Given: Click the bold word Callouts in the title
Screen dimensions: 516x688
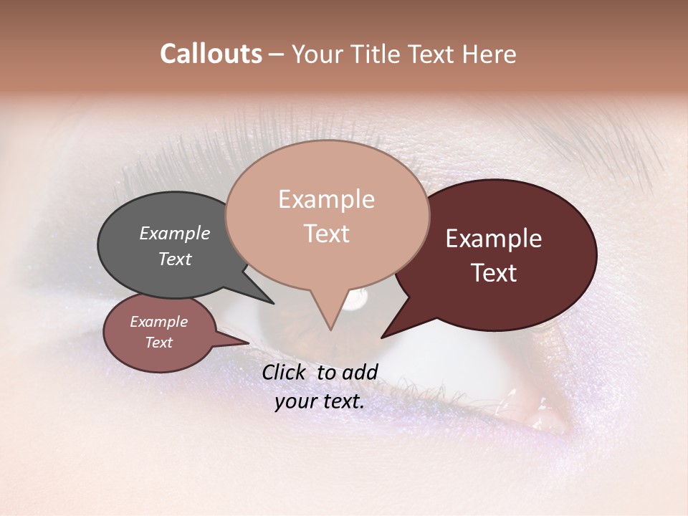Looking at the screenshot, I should click(x=211, y=54).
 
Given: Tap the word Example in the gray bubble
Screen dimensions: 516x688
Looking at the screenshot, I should click(x=174, y=233).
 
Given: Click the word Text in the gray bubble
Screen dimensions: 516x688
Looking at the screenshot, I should click(x=174, y=259).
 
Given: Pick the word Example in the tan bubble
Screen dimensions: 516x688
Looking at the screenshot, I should click(x=326, y=199).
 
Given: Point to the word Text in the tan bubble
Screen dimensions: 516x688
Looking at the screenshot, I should click(x=326, y=234).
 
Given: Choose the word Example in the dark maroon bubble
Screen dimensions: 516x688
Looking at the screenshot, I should click(x=494, y=239).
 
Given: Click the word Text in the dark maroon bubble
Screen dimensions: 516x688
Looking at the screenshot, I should click(x=494, y=273).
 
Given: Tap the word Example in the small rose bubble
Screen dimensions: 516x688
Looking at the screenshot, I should click(x=158, y=322).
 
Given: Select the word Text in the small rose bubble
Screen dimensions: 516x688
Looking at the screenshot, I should click(x=158, y=343).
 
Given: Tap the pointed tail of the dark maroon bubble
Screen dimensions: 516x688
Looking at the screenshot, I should click(x=385, y=335).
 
